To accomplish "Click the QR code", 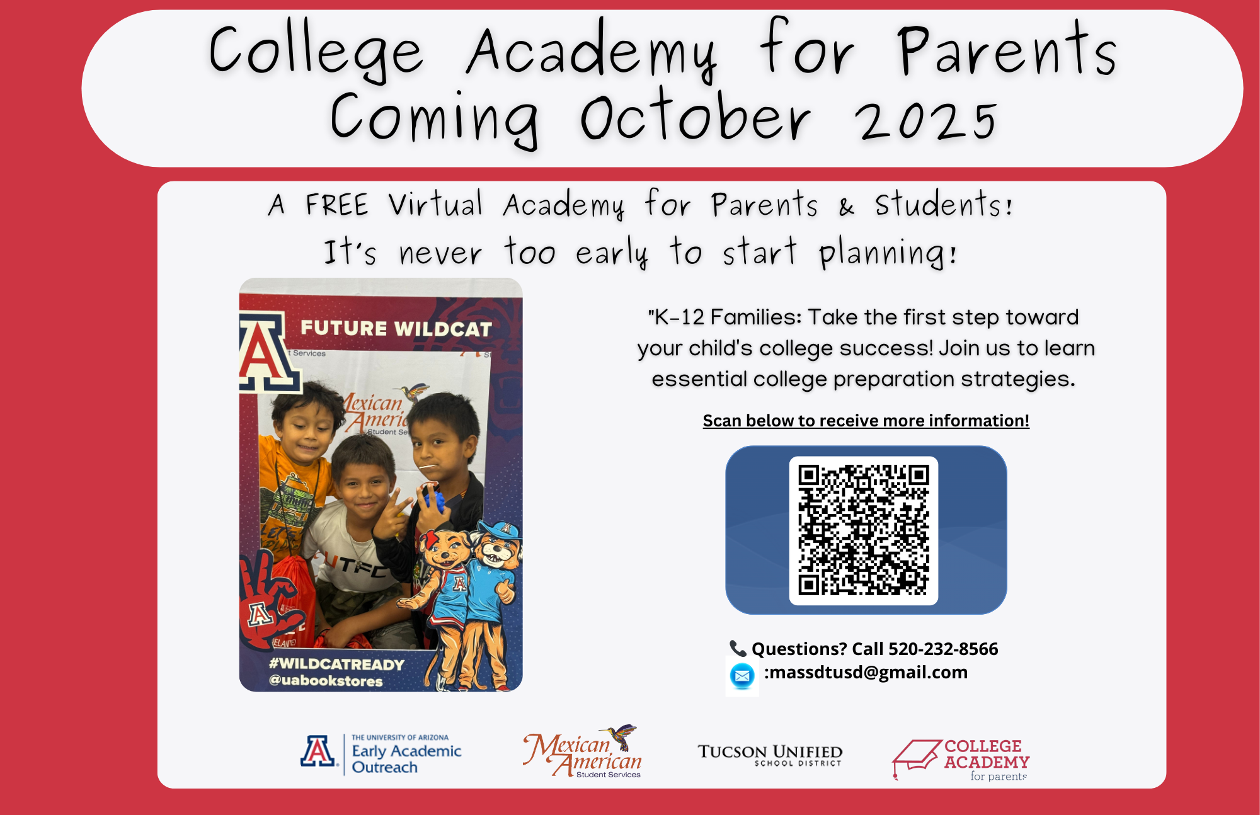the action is coord(864,530).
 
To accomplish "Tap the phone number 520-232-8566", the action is coord(943,649).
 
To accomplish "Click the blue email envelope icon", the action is coord(742,676).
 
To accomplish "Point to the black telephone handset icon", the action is coord(738,648).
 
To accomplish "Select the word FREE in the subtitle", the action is coord(336,205).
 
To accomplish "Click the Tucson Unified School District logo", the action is coord(770,755).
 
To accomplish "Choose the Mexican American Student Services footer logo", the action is coord(582,751).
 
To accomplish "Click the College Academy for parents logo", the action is coord(961,760).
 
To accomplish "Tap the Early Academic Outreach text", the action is coord(406,759).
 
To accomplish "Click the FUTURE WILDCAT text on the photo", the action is coord(396,328).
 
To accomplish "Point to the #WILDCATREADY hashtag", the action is coord(336,664).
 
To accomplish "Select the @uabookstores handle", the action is coord(326,681).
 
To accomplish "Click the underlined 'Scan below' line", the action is coord(866,421).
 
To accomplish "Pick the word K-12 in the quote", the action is coord(679,317).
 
